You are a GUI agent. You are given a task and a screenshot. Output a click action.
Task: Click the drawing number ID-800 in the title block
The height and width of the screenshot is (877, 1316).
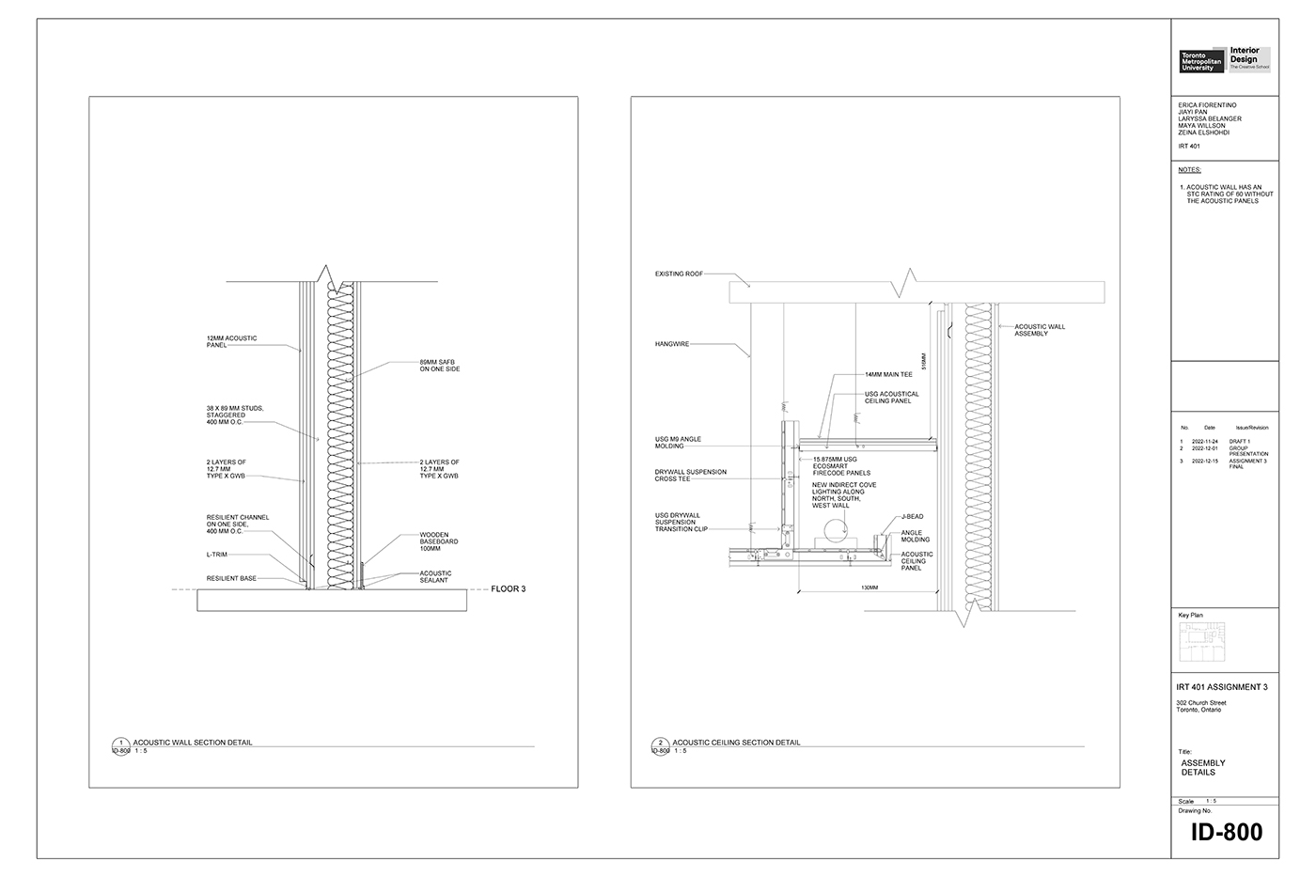(1226, 832)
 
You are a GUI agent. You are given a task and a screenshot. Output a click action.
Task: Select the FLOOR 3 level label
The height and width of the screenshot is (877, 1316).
(508, 589)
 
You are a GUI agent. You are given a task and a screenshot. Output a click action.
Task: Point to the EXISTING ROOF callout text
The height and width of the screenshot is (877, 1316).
(679, 274)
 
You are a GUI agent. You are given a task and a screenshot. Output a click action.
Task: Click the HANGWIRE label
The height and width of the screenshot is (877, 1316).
(672, 344)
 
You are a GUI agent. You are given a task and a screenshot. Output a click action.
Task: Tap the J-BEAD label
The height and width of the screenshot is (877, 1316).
(912, 516)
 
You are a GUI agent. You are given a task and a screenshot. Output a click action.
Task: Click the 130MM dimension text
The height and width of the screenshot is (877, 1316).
(869, 587)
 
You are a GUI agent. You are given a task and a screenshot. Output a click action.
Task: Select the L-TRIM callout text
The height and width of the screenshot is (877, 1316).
(217, 555)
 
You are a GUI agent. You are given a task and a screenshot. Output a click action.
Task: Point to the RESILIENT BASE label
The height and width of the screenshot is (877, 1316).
(231, 578)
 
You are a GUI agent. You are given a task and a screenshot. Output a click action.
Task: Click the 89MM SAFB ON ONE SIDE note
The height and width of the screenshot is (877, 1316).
(439, 365)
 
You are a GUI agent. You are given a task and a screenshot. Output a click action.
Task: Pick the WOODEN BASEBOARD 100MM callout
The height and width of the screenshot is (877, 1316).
(439, 541)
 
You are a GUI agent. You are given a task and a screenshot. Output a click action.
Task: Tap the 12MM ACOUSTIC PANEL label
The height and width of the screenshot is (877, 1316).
(231, 342)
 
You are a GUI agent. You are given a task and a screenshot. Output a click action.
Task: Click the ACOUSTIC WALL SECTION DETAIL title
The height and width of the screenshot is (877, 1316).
(193, 743)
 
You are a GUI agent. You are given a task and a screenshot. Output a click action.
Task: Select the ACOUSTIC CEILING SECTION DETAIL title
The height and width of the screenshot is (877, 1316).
(736, 743)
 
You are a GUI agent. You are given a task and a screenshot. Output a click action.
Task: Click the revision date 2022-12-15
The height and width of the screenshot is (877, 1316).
(1204, 462)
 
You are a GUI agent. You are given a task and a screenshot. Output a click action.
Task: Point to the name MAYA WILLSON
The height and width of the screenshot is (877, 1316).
(1201, 126)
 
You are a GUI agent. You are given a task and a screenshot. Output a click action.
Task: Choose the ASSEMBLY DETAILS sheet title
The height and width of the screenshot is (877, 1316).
(1203, 768)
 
